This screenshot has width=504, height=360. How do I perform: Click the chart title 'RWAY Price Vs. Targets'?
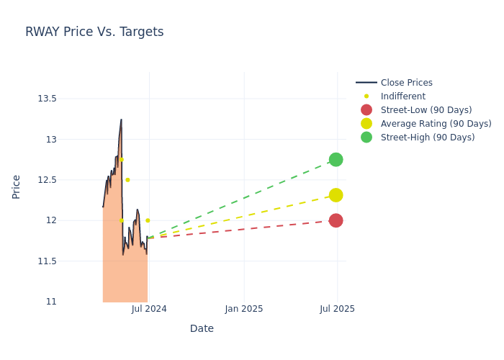(94, 32)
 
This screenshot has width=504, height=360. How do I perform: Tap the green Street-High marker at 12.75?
(336, 159)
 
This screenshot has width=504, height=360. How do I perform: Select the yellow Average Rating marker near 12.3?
(336, 195)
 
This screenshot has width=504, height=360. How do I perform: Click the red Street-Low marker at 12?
(336, 220)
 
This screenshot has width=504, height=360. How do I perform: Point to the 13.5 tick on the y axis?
(47, 99)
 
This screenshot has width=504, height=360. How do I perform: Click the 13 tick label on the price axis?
(51, 139)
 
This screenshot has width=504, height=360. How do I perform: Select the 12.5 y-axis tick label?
(47, 180)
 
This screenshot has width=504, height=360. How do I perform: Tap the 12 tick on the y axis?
(51, 220)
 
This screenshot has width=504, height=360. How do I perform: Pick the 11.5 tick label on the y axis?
(47, 261)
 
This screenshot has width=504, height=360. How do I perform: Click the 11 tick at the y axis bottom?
(51, 302)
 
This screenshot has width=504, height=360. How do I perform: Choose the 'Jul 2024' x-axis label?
(149, 309)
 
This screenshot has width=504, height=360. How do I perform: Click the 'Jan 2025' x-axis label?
(244, 309)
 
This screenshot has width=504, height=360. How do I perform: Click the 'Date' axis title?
(202, 328)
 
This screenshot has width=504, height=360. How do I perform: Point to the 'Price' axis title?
(17, 186)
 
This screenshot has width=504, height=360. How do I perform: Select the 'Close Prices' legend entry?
(406, 83)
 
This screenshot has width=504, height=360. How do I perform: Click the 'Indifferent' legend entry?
(402, 96)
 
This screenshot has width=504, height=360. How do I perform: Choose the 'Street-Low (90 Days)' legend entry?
(426, 110)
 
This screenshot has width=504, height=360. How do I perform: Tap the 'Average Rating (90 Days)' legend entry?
(436, 124)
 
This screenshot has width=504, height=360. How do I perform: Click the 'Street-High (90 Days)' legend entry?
(427, 138)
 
